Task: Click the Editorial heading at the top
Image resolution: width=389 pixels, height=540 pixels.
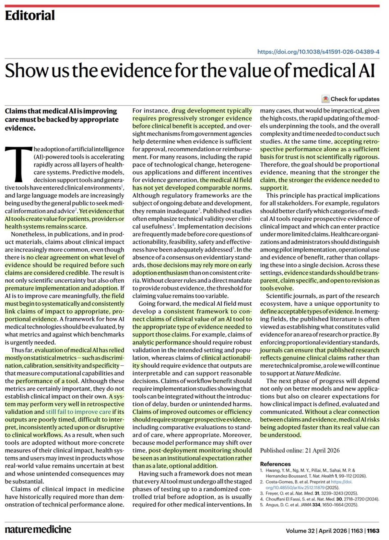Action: [30, 15]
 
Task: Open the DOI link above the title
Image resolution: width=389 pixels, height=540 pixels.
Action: [318, 52]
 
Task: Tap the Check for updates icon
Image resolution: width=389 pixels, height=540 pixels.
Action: [325, 99]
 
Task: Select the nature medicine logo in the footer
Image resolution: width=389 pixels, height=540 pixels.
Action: [38, 529]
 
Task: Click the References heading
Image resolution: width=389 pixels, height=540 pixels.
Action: [275, 464]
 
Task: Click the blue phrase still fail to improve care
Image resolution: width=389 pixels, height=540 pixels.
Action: [78, 412]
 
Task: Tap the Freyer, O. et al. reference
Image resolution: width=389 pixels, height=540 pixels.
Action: [312, 493]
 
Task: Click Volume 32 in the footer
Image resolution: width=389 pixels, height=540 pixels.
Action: [300, 531]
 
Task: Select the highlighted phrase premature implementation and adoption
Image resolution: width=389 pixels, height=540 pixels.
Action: [62, 288]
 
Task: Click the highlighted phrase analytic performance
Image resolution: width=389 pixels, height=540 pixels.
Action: [161, 342]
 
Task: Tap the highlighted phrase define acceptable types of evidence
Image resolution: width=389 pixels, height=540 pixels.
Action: [306, 311]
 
